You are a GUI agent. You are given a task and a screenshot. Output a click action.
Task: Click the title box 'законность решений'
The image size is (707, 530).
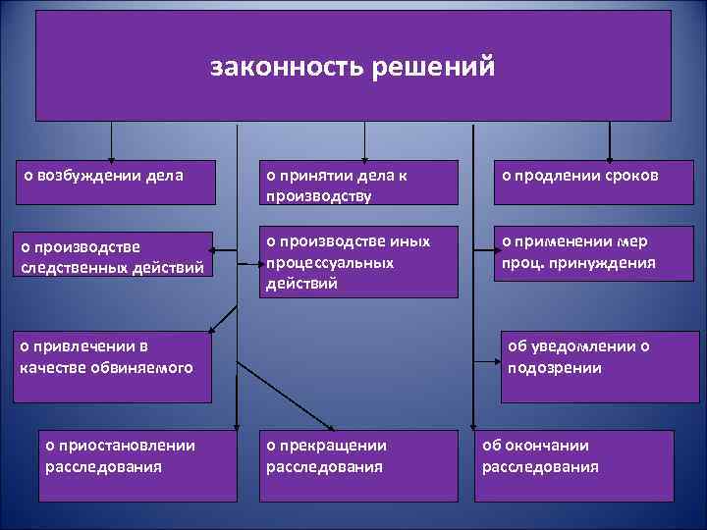click(x=353, y=66)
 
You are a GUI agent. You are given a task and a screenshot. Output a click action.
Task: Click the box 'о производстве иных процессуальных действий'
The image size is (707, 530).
click(x=359, y=262)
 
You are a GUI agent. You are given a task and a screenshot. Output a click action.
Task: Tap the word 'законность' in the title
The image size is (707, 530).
click(x=282, y=67)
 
